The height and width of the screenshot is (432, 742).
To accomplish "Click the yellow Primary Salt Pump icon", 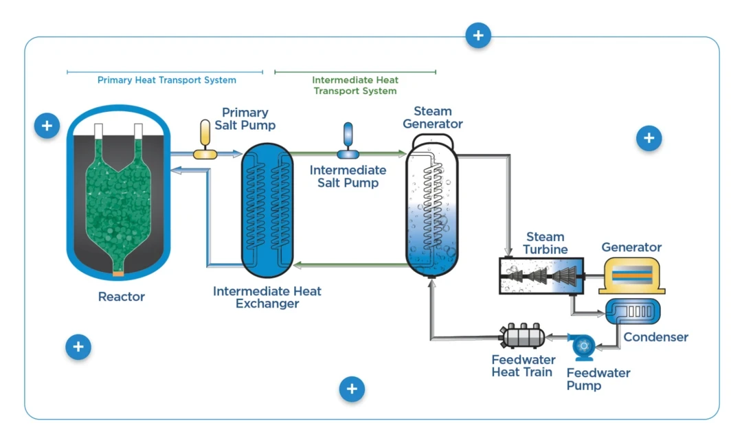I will (x=205, y=139).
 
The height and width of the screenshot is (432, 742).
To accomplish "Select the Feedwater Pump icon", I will (x=584, y=347).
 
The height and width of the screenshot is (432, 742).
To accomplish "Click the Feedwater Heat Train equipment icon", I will (x=523, y=337).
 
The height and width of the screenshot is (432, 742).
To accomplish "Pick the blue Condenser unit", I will (x=632, y=311).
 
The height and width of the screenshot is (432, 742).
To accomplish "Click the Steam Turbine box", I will (x=541, y=276).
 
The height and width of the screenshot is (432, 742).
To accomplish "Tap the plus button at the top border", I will (x=478, y=35).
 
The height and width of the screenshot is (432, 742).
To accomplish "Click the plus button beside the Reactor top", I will (x=47, y=126).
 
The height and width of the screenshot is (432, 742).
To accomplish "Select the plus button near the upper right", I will (x=649, y=138).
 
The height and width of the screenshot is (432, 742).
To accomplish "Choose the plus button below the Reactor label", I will (x=78, y=347).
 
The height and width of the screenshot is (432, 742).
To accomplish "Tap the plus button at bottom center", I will (x=352, y=389).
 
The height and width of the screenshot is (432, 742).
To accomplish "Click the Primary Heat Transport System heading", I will (x=167, y=80).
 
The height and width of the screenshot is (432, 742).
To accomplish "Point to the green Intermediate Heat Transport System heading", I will (x=355, y=85).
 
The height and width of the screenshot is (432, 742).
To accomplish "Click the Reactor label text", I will (x=122, y=297).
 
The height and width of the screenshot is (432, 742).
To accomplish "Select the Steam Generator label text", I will (x=432, y=117).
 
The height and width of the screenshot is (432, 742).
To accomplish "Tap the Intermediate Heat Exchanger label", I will (x=267, y=297).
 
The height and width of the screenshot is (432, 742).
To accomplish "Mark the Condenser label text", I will (x=655, y=337).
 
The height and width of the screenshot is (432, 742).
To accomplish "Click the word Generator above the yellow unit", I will (x=631, y=247).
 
